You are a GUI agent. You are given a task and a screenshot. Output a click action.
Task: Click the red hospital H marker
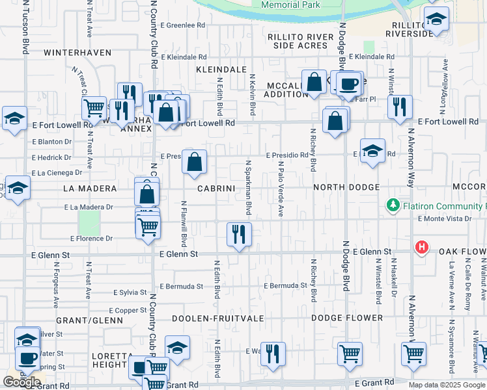pyautogui.click(x=422, y=247)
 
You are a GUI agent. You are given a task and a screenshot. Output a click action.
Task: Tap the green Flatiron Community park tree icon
pyautogui.click(x=393, y=206)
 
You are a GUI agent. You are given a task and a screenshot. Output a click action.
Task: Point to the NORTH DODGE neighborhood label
pyautogui.click(x=346, y=188)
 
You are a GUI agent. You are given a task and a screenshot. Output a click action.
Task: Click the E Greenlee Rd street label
pyautogui.click(x=182, y=25)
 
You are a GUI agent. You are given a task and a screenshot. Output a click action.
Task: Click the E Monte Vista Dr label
pyautogui.click(x=445, y=218)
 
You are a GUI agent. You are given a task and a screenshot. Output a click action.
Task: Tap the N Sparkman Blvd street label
pyautogui.click(x=248, y=187)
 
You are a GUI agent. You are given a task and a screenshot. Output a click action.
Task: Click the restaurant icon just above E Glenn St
pyautogui.click(x=239, y=235)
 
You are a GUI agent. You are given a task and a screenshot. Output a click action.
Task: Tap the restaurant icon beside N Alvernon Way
pyautogui.click(x=400, y=107)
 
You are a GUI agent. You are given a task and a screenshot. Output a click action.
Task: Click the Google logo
pyautogui.click(x=22, y=382)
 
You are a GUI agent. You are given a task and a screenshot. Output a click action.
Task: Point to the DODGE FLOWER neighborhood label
pyautogui.click(x=347, y=318)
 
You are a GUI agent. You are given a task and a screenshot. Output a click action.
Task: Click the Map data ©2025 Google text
pyautogui.click(x=447, y=385)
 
